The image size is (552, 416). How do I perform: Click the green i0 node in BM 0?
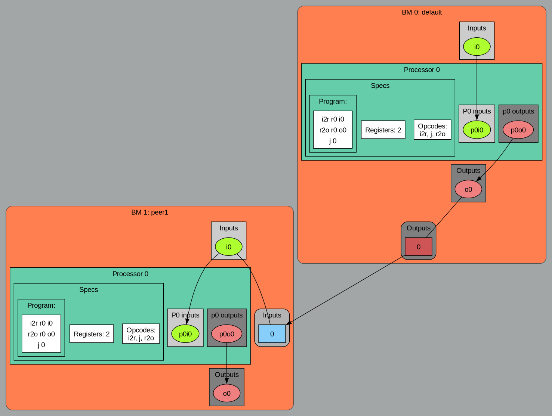[x=477, y=47]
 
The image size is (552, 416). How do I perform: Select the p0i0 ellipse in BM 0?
[x=477, y=130]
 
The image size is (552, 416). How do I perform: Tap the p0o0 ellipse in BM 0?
[x=518, y=130]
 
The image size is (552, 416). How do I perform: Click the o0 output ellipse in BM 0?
[x=468, y=189]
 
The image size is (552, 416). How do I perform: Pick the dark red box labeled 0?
[x=418, y=247]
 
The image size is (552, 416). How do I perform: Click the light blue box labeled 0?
[x=272, y=334]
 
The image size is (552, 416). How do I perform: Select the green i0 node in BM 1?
[x=228, y=247]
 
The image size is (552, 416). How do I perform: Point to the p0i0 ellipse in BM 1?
[x=185, y=334]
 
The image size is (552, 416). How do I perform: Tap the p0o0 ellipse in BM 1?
[x=226, y=334]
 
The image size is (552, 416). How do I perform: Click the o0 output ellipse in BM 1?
[x=226, y=393]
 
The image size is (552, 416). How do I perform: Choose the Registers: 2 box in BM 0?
[x=383, y=130]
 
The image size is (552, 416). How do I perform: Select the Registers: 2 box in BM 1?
[x=92, y=334]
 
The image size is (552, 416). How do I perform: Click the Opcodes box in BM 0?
[x=432, y=130]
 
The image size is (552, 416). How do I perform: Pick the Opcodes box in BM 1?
[x=141, y=334]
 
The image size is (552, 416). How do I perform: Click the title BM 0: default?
[x=422, y=12]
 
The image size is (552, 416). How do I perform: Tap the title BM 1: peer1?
[x=149, y=212]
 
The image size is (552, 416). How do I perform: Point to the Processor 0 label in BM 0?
[x=422, y=70]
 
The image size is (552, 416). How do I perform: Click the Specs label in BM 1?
[x=89, y=290]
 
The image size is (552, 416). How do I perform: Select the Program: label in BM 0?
[x=333, y=102]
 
